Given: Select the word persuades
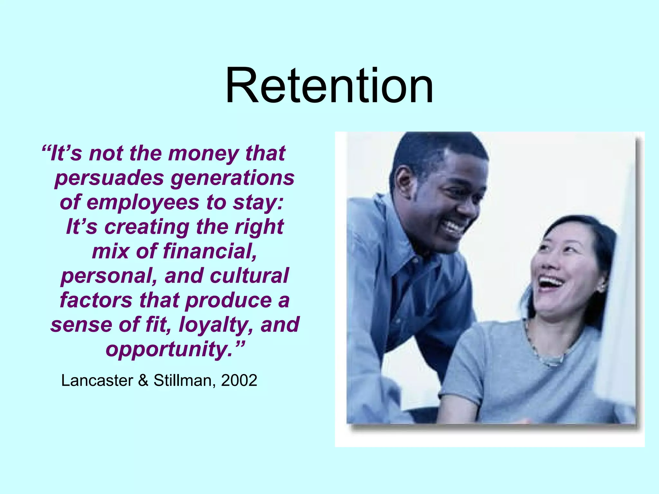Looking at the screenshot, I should tap(109, 178).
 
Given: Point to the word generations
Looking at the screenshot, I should tap(232, 178).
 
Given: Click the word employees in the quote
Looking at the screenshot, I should tap(143, 203).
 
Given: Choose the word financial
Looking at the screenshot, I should tap(210, 251).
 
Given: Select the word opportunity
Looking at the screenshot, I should tap(169, 349).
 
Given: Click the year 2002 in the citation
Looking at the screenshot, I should tap(239, 380).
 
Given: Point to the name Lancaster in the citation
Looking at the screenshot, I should tap(97, 380).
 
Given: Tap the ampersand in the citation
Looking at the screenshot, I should tap(143, 380).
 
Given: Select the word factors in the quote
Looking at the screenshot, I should tap(96, 300).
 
